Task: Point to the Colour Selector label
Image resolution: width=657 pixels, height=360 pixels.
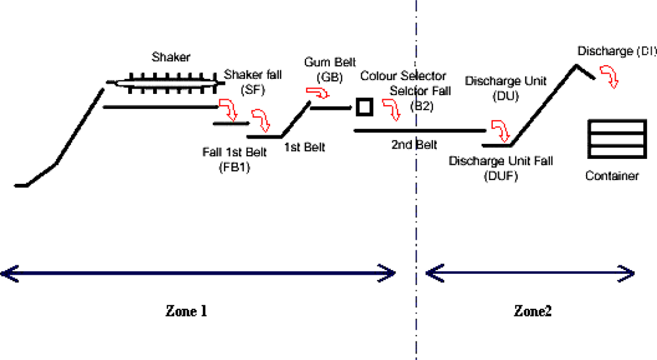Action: click(x=403, y=77)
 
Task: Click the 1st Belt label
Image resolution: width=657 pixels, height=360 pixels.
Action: click(x=304, y=147)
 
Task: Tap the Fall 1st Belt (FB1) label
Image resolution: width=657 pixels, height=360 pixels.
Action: click(x=235, y=160)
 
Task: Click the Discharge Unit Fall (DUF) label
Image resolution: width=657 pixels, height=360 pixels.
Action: click(x=501, y=169)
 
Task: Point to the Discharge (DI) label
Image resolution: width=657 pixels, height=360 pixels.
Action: click(x=616, y=51)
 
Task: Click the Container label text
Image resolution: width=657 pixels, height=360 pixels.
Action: click(x=612, y=176)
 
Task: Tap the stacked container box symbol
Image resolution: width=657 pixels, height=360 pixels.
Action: click(x=616, y=139)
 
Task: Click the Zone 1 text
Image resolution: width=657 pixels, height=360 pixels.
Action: click(x=186, y=311)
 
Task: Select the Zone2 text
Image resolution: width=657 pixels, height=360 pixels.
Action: click(x=532, y=311)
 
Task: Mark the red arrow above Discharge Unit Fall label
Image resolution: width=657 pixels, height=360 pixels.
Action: click(x=500, y=131)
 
